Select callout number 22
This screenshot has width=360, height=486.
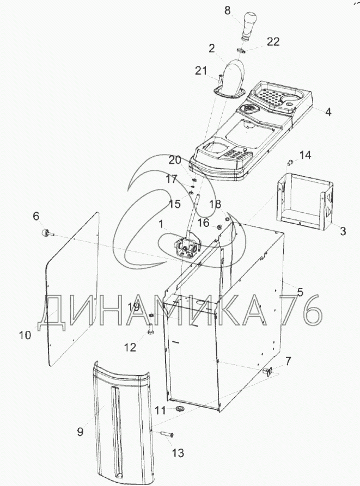coord(273,41)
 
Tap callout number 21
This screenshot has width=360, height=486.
coord(201,71)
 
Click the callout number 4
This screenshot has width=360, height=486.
coord(328,112)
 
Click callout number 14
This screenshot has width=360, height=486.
coord(305,155)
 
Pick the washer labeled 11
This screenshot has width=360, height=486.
coord(179,409)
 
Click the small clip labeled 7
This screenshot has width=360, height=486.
coord(267,371)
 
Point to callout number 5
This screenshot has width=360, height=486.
coord(300,292)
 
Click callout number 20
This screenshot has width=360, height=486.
coord(175,161)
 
